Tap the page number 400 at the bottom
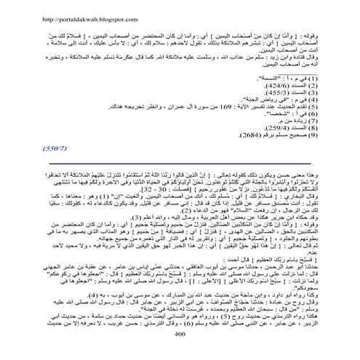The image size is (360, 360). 180,351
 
